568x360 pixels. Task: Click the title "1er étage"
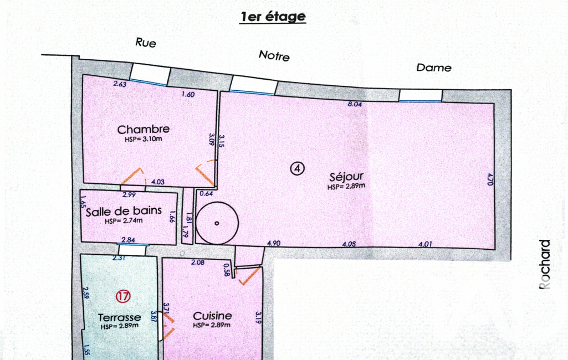273,17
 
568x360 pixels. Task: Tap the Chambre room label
144,129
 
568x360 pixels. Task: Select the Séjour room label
346,177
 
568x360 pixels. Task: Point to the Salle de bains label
124,211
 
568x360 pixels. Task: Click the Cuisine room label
212,316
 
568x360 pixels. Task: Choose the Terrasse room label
120,317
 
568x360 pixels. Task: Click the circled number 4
298,168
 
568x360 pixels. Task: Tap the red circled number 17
123,297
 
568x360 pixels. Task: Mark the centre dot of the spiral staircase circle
217,223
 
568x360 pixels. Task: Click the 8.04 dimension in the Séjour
355,104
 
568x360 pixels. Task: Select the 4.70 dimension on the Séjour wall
490,179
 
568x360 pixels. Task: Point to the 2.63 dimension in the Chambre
120,84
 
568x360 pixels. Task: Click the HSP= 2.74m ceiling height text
124,220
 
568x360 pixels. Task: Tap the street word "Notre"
274,55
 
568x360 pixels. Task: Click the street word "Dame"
433,68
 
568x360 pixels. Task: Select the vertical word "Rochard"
545,264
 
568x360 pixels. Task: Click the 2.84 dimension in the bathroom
128,240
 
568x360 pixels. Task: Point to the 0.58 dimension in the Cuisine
227,270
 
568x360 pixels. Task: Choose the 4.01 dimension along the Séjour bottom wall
425,244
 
